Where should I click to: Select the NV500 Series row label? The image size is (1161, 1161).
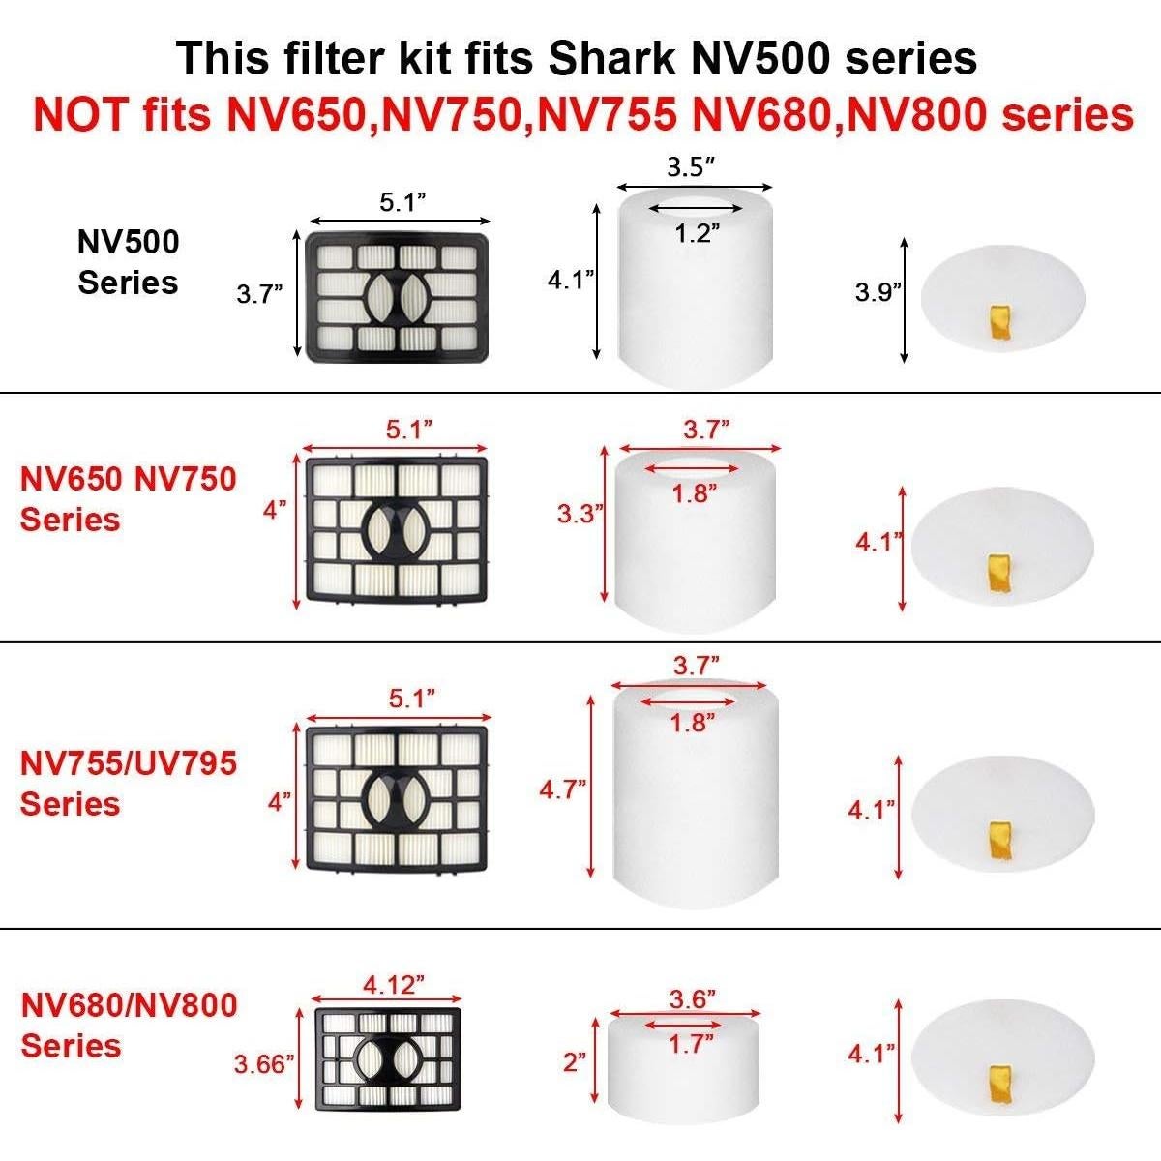pyautogui.click(x=128, y=262)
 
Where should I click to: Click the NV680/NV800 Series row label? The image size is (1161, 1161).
pyautogui.click(x=128, y=1025)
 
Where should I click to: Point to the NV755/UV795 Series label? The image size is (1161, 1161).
pyautogui.click(x=128, y=783)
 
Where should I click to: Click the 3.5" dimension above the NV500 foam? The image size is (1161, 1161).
pyautogui.click(x=691, y=166)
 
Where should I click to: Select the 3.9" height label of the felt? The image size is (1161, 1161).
pyautogui.click(x=878, y=292)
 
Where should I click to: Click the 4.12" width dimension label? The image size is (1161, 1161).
pyautogui.click(x=394, y=985)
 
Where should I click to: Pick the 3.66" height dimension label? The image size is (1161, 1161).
pyautogui.click(x=263, y=1064)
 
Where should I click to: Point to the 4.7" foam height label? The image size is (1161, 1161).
pyautogui.click(x=563, y=789)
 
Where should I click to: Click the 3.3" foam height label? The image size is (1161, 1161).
pyautogui.click(x=580, y=514)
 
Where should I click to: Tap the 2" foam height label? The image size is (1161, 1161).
pyautogui.click(x=575, y=1062)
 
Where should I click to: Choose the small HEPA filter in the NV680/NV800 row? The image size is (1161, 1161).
pyautogui.click(x=387, y=1058)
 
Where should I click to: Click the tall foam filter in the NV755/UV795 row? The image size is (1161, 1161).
pyautogui.click(x=696, y=793)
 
